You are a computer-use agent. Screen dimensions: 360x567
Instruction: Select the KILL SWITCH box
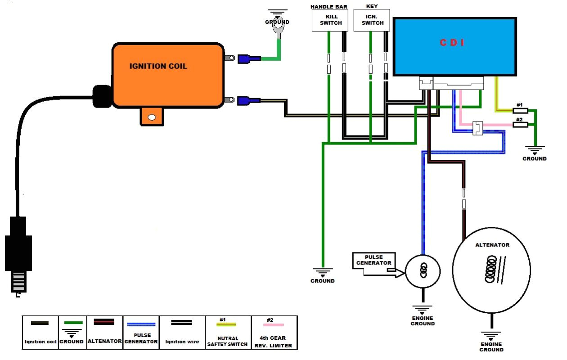pos(330,20)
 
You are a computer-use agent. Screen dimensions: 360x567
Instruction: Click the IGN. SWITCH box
pos(372,20)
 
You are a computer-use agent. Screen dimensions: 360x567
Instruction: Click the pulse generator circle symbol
pos(423,271)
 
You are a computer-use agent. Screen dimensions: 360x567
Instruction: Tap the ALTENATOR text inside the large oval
pos(492,245)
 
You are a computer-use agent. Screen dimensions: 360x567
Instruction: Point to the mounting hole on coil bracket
pos(152,117)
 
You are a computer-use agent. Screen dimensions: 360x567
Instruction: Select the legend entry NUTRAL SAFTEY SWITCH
pos(228,333)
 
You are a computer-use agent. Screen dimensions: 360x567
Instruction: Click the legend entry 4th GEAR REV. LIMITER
pos(274,333)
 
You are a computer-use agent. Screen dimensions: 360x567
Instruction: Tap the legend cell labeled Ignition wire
pos(182,333)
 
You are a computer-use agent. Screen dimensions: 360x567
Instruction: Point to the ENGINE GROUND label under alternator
pos(491,346)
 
